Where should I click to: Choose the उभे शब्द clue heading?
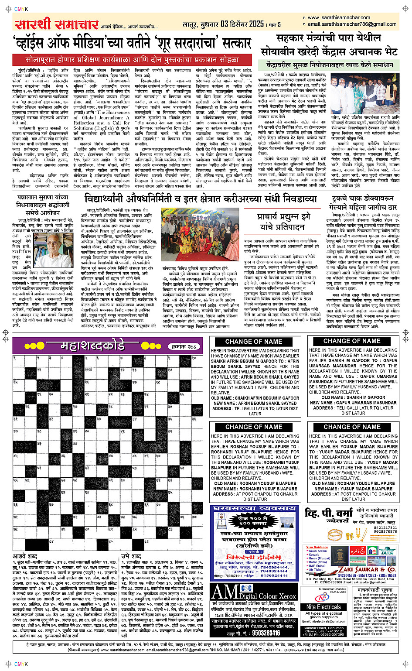pos(131,556)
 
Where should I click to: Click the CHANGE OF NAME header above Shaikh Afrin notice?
pos(254,342)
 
